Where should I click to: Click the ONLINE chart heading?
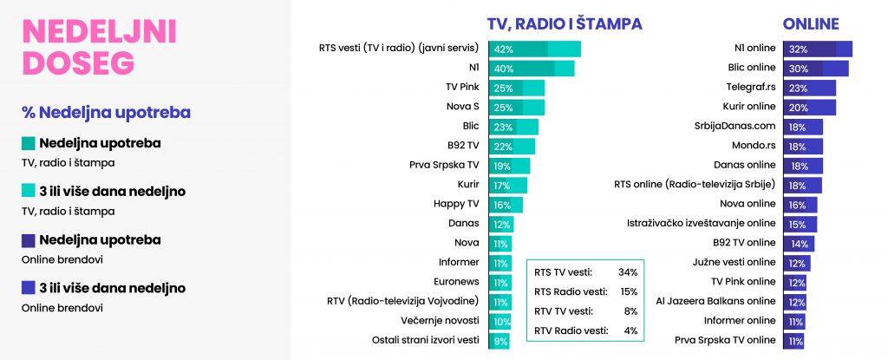[811, 23]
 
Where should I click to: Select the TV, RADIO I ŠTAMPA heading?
[565, 23]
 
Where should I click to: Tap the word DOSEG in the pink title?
[79, 62]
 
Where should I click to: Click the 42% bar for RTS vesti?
[534, 49]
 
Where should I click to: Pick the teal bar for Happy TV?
[506, 205]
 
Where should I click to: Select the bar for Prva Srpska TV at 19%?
[509, 166]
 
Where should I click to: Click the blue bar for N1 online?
[818, 49]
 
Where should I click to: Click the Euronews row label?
[456, 281]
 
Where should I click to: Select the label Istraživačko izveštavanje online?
[701, 223]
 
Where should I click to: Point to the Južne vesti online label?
[734, 262]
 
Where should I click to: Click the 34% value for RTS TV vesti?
[628, 272]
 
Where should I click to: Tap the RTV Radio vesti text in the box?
[571, 331]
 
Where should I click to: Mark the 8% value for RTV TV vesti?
[630, 311]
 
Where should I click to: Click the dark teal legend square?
[28, 143]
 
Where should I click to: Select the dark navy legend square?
[28, 239]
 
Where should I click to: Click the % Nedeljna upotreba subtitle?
[106, 113]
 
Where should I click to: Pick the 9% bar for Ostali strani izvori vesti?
[499, 341]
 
